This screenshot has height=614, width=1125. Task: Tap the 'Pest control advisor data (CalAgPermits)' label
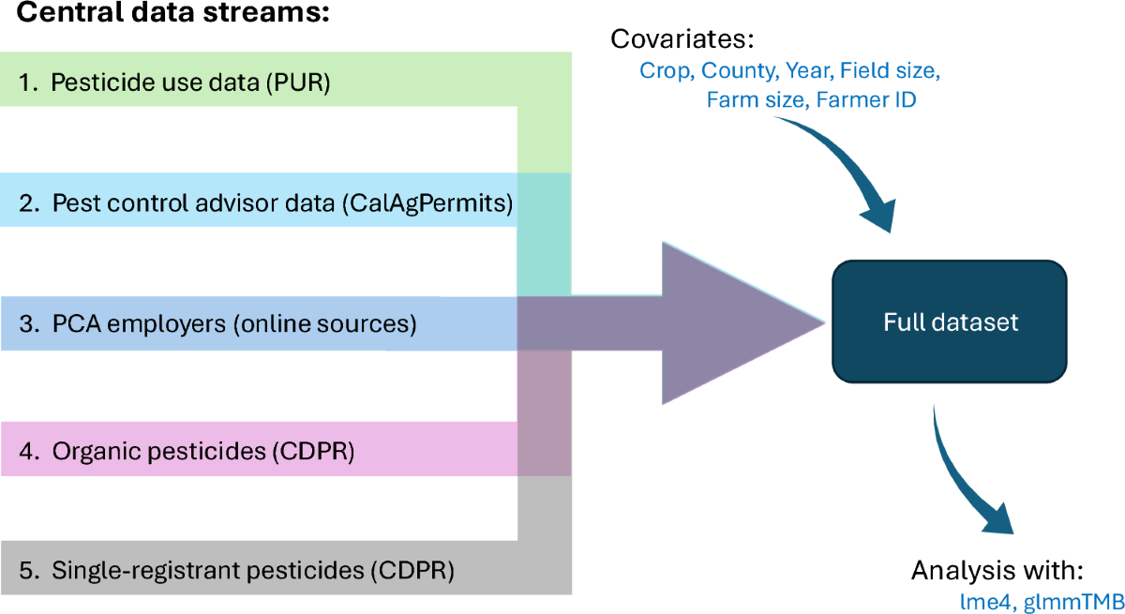[x=282, y=202]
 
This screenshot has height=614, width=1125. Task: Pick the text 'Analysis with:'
[x=997, y=571]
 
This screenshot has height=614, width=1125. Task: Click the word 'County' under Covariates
[x=737, y=70]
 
